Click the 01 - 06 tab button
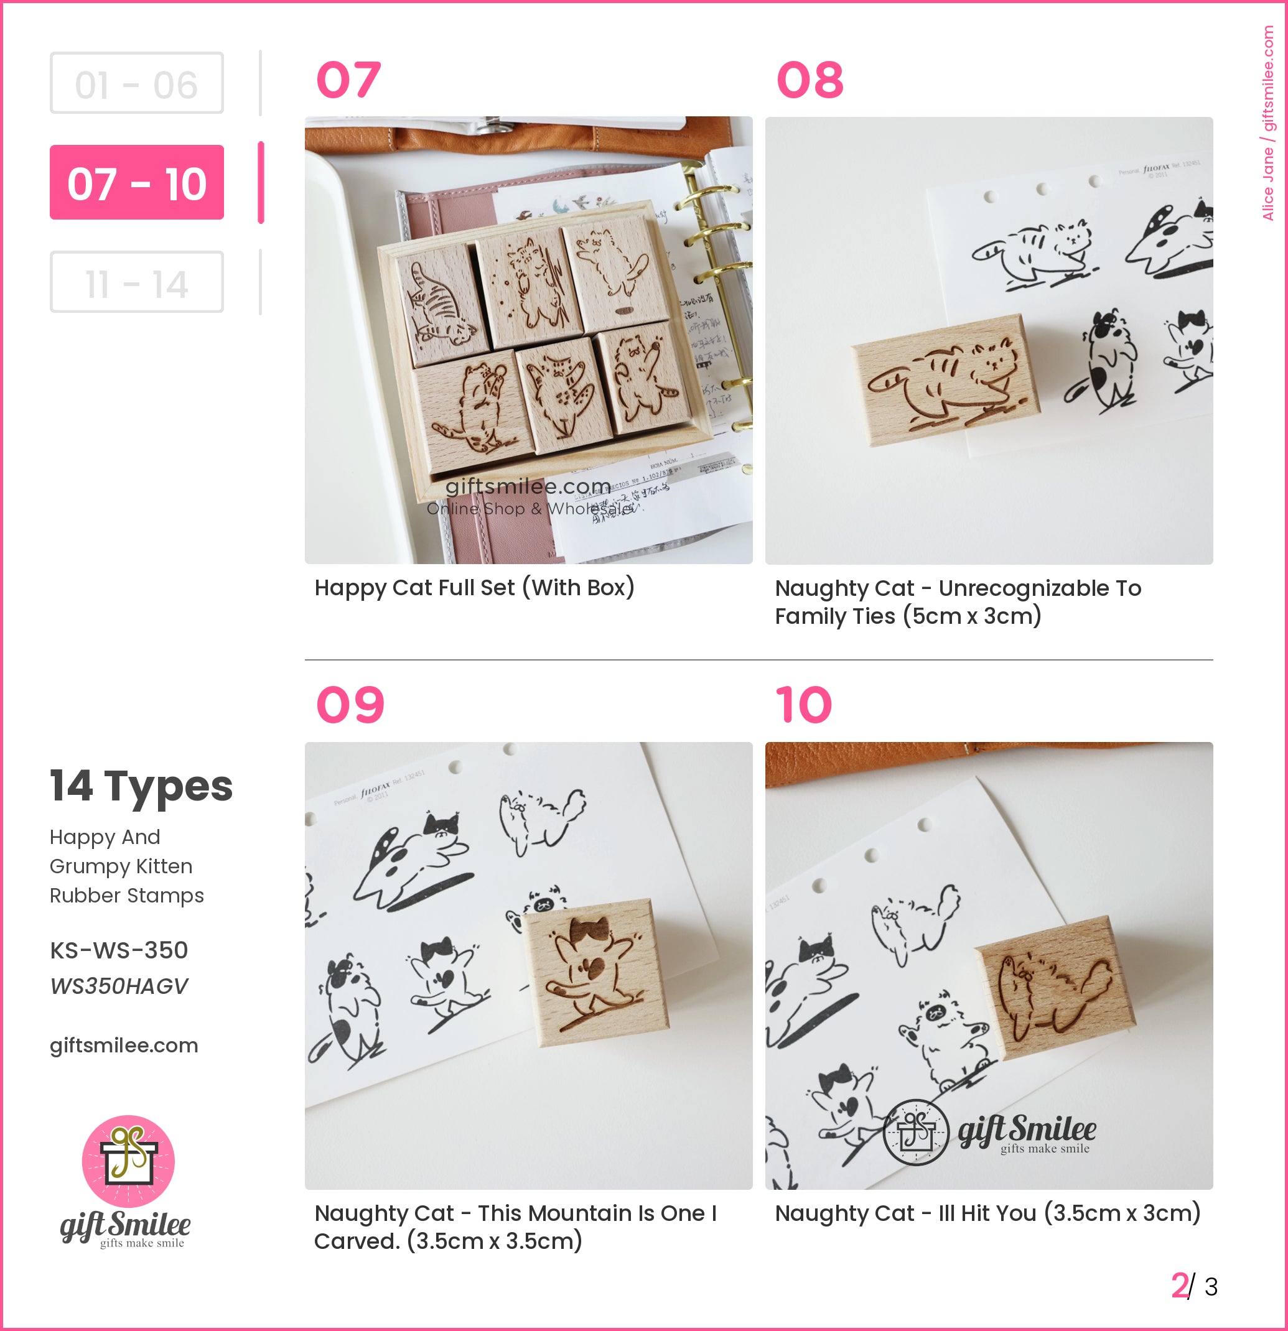pos(136,83)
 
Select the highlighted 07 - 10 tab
pos(136,182)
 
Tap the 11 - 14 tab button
pos(136,282)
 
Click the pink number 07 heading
pos(348,80)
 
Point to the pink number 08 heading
pos(810,80)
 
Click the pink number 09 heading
pos(350,705)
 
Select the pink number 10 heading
pos(804,705)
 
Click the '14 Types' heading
pos(141,786)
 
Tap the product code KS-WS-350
pos(119,950)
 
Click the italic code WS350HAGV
pos(119,986)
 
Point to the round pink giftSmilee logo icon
pos(128,1161)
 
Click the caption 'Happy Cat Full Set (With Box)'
pos(474,587)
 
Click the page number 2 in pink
pos(1179,1286)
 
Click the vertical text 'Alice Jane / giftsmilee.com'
pos(1267,123)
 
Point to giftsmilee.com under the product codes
pos(124,1045)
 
